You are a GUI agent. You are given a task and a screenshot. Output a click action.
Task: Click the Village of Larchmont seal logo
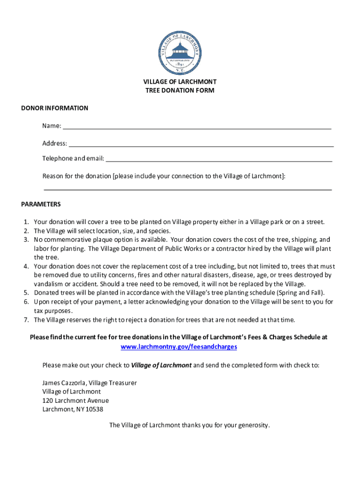(180, 53)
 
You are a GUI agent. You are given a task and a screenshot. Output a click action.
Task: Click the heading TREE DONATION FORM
(180, 90)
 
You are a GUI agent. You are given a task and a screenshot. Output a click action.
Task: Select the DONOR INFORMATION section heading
(55, 108)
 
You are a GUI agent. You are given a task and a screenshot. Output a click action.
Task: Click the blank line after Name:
(197, 127)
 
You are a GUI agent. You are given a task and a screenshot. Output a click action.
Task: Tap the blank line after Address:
(201, 145)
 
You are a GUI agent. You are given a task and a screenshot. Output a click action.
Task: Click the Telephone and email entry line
(219, 160)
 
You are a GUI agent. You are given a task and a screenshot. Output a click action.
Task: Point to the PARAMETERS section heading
(41, 204)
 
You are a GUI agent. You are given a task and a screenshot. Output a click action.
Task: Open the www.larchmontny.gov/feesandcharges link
(179, 347)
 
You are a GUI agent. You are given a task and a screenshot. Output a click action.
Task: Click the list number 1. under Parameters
(27, 222)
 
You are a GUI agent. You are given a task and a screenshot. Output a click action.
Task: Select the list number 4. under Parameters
(27, 266)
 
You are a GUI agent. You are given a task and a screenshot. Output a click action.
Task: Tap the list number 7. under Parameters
(27, 320)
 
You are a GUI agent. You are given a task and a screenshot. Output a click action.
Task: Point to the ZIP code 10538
(94, 409)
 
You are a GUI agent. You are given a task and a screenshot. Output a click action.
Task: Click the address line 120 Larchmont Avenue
(75, 400)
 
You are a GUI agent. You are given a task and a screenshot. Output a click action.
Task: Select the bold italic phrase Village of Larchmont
(161, 365)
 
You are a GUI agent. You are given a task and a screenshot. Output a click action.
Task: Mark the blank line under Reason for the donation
(187, 189)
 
